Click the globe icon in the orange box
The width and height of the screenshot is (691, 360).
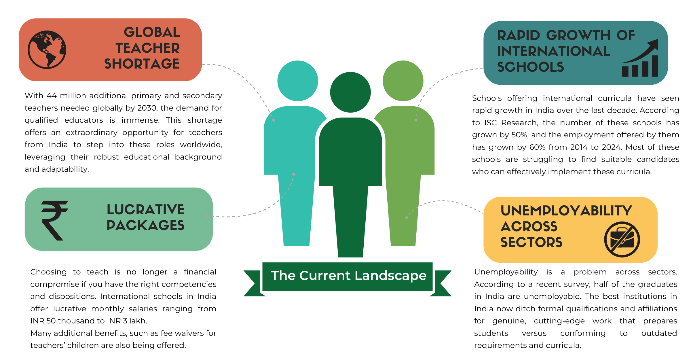[47, 50]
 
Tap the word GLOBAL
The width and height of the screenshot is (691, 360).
[152, 32]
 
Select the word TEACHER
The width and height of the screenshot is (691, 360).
[148, 48]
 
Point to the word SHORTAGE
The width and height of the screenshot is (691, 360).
[142, 64]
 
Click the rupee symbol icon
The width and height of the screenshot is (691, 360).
[54, 220]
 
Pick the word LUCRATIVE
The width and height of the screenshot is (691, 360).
[146, 210]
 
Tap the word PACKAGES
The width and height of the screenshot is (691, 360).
[146, 225]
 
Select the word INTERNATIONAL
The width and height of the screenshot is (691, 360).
[553, 51]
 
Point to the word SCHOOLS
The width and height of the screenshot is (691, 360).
[530, 67]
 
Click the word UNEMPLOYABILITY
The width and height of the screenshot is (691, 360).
[566, 211]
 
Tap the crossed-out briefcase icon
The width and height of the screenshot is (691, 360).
[622, 239]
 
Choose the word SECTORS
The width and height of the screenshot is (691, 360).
[531, 242]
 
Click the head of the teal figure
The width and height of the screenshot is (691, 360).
[298, 81]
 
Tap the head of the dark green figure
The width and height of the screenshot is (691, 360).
[350, 92]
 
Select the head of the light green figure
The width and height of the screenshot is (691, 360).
[403, 81]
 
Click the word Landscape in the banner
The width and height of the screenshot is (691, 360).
[390, 276]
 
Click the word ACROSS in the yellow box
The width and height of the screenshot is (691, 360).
[529, 226]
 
